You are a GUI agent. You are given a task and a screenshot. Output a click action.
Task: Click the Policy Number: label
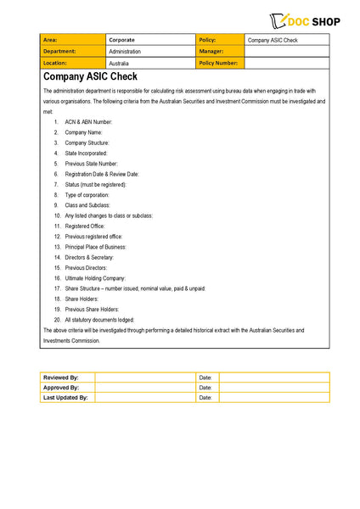(x=218, y=63)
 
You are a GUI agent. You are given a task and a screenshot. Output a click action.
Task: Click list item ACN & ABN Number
(x=88, y=121)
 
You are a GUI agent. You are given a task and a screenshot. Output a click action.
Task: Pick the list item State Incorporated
(x=86, y=153)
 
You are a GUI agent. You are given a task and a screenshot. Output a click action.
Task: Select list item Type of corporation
(x=87, y=194)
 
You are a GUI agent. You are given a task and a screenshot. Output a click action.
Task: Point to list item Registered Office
(x=85, y=227)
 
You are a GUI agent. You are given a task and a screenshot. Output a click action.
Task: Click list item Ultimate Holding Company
(x=95, y=278)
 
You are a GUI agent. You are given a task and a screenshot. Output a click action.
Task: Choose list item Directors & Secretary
(x=89, y=257)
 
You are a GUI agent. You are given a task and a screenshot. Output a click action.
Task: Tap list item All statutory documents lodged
(x=99, y=320)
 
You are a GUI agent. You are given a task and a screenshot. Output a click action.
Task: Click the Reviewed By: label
(x=60, y=377)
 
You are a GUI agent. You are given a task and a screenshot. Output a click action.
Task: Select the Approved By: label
(x=60, y=387)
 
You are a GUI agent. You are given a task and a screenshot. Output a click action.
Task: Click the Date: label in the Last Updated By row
(x=205, y=397)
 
